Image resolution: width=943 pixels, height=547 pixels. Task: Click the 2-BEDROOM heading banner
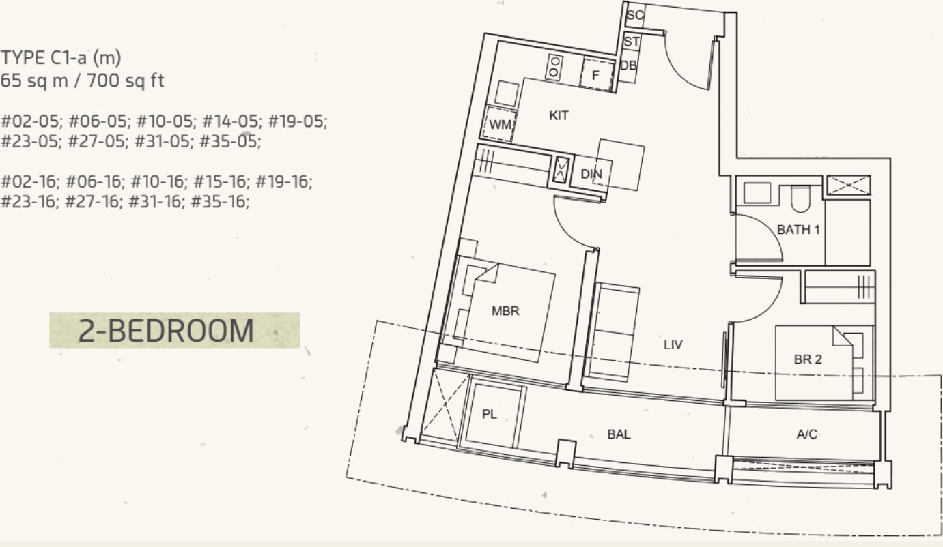(174, 331)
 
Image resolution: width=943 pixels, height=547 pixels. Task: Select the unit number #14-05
(230, 121)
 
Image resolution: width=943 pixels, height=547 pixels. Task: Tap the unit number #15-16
(219, 181)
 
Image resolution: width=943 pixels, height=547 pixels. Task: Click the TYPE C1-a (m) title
(61, 58)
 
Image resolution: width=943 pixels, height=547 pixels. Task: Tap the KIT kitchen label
(559, 116)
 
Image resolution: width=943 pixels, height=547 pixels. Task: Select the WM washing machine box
(500, 124)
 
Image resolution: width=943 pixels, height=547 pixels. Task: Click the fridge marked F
(597, 75)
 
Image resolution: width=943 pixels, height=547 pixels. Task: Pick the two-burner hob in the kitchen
(554, 68)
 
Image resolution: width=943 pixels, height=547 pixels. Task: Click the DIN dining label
(591, 174)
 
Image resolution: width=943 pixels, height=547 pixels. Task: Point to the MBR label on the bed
(505, 311)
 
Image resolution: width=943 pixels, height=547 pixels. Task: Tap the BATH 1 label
(798, 230)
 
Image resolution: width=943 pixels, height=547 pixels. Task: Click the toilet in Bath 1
(800, 199)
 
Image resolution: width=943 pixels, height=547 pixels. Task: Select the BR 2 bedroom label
(807, 359)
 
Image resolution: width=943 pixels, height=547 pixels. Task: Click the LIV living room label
(673, 344)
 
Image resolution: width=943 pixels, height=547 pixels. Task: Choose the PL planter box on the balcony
(492, 415)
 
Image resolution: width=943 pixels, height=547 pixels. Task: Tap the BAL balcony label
(619, 434)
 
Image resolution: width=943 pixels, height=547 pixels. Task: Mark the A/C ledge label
(807, 434)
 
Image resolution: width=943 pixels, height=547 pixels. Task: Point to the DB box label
(628, 65)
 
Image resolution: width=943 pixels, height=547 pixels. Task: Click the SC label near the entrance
(635, 15)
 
